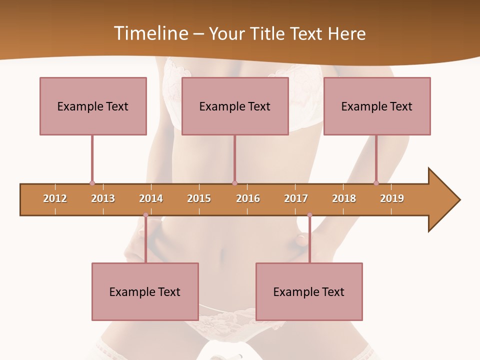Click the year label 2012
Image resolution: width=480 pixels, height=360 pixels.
pos(55,198)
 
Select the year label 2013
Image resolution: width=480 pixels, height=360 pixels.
pos(103,198)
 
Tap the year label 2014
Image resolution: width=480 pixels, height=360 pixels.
pos(151,198)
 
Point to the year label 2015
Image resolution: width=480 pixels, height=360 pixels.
pos(199,198)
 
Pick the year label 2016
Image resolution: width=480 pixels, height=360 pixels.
pos(248,198)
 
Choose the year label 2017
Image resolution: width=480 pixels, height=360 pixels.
pos(296,198)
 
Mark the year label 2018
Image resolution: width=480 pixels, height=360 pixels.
pos(344,198)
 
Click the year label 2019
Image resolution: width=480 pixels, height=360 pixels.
pos(392,198)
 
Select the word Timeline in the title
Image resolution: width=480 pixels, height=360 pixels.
pos(150,33)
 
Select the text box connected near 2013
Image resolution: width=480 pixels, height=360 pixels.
pos(93,106)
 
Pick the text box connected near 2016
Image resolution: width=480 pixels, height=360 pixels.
pos(235,106)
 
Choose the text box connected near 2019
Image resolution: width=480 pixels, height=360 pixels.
pos(377,106)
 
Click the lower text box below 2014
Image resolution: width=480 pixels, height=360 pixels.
pos(145,291)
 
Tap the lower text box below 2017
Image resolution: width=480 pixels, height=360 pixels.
pos(309,291)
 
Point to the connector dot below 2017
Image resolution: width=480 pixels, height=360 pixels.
pos(309,215)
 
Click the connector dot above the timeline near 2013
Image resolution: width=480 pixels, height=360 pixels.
pos(92,183)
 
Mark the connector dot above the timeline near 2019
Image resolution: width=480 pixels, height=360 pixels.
pos(376,183)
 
